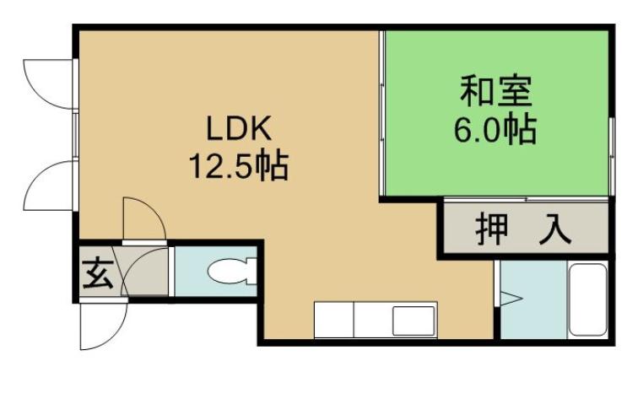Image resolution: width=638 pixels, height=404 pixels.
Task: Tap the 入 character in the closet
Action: coord(554,229)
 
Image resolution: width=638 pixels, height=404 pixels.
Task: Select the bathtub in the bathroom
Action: coord(587,299)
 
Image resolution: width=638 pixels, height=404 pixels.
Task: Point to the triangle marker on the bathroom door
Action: coord(511,297)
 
